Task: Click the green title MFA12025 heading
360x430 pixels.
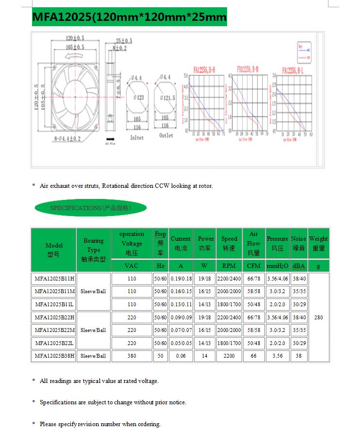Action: tap(129, 17)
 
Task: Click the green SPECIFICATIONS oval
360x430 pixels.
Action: tap(90, 208)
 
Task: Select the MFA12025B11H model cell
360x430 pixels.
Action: tap(54, 279)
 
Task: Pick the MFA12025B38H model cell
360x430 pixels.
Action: tap(54, 356)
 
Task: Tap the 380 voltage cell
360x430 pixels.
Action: tap(131, 356)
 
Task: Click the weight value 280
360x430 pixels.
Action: tap(318, 317)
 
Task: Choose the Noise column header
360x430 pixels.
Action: tap(298, 243)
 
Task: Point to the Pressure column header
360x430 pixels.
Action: tap(278, 243)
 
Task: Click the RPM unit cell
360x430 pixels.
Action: tap(229, 266)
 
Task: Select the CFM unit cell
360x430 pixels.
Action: tap(254, 266)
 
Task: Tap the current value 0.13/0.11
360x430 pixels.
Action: tap(181, 304)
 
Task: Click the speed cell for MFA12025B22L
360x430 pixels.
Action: tap(229, 343)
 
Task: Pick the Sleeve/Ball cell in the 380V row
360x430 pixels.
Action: tap(93, 356)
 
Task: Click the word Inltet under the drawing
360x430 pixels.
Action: tap(137, 137)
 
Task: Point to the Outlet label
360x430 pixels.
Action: tap(166, 135)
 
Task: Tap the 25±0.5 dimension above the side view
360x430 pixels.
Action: tap(124, 41)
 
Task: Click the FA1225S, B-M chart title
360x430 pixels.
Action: tap(247, 69)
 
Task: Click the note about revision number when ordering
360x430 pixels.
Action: tap(100, 424)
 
